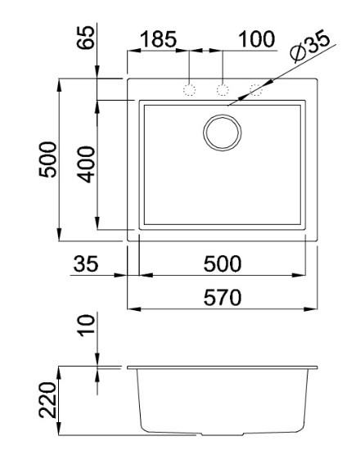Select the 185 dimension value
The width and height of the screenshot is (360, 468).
[x=160, y=38]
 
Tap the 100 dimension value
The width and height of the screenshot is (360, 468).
[x=256, y=38]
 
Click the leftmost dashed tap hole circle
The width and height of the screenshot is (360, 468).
[x=189, y=89]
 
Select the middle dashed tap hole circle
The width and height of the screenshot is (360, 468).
[x=223, y=89]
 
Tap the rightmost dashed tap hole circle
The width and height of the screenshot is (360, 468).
[x=256, y=89]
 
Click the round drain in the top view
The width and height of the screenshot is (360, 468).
[x=223, y=132]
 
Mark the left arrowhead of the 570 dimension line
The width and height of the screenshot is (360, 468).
[x=132, y=309]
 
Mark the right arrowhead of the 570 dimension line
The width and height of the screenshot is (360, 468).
[x=315, y=309]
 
